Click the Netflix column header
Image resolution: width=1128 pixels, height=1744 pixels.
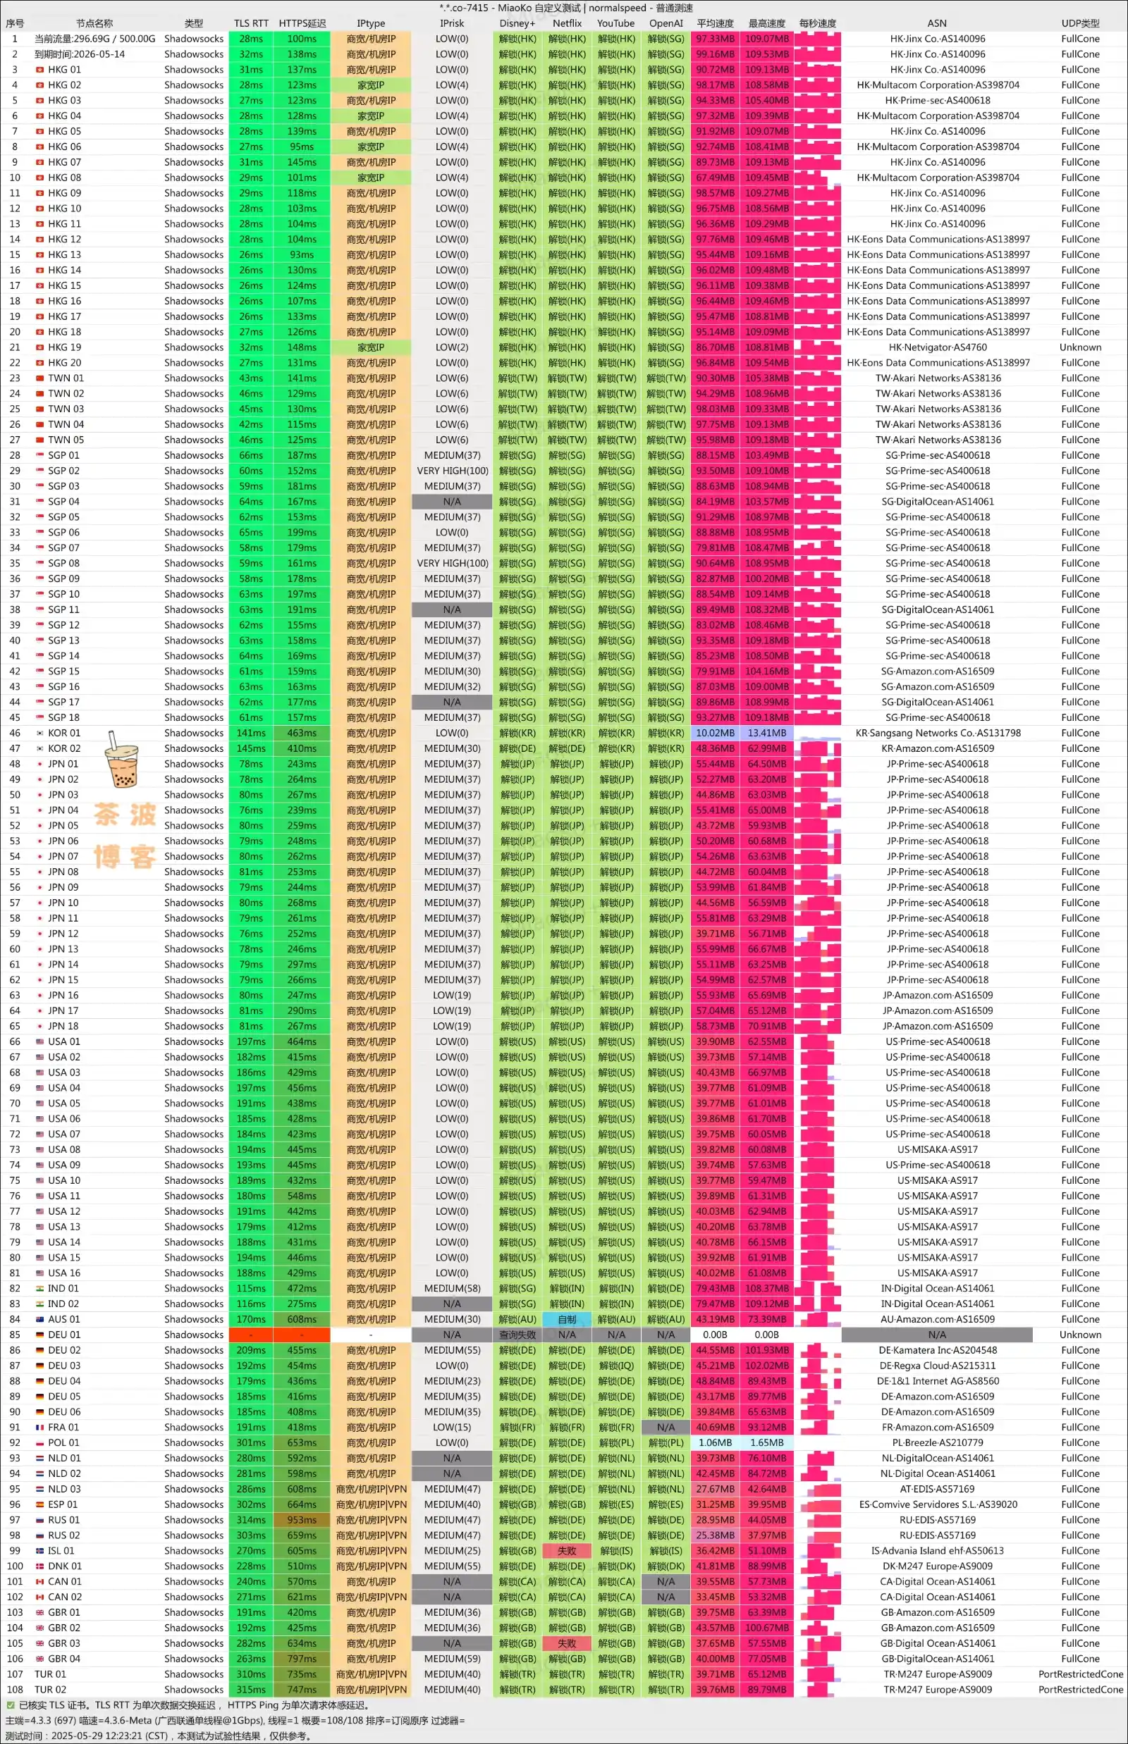point(567,23)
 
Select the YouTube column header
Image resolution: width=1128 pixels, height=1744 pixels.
point(616,23)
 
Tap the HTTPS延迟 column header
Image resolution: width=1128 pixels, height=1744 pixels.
point(302,23)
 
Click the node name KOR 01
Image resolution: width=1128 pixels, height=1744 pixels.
point(64,733)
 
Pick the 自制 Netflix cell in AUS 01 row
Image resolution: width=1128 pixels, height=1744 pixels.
point(567,1319)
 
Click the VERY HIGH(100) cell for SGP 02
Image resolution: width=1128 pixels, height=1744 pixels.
point(452,471)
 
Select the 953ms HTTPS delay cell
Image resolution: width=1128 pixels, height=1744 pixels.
point(302,1520)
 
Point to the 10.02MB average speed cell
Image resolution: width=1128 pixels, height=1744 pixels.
point(715,733)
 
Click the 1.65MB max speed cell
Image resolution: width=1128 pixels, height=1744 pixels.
point(767,1442)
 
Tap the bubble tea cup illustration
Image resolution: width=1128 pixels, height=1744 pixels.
point(121,762)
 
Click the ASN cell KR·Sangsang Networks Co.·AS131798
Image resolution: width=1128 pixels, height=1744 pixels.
point(938,733)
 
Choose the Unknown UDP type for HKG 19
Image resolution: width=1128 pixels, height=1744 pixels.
point(1079,348)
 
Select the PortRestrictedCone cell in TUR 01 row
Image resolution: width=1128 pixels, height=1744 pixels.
point(1079,1674)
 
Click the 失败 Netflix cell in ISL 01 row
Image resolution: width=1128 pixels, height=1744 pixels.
point(567,1551)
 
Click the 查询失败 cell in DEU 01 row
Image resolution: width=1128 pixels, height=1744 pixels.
point(517,1335)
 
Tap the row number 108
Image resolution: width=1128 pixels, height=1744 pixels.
point(15,1690)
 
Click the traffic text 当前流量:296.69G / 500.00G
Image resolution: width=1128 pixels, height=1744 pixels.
point(94,39)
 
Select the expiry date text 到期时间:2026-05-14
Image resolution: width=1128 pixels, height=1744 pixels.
point(79,54)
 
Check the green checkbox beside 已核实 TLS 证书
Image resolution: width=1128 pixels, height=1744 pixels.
point(11,1705)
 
